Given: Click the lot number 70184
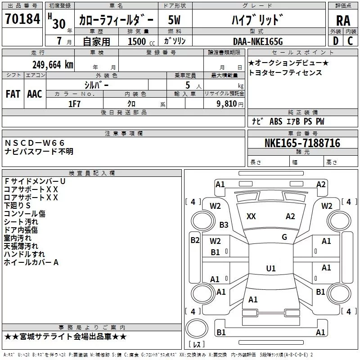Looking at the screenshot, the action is coord(22,19).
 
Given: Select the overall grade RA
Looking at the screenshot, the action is coord(343,21).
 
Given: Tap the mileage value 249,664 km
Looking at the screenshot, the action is coord(53,65).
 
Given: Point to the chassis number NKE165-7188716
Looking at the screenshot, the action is coord(302,143).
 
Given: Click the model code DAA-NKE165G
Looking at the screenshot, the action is coord(258,41).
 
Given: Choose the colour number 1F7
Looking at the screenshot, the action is coord(74,104).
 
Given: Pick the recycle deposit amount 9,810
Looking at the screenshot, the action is coord(227,103).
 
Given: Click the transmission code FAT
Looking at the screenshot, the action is coord(13,94).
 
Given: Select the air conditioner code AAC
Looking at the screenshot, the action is coord(35,94).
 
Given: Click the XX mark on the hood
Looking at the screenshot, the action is coord(251,216).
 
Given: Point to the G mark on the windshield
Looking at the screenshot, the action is coord(284,237).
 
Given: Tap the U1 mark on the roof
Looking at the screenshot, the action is coord(271,268).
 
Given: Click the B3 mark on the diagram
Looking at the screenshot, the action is coord(224,225).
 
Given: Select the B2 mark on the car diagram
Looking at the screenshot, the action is coord(195,240).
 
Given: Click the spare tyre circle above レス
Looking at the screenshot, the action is coord(197,328).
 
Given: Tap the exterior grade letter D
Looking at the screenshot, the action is coord(336,41).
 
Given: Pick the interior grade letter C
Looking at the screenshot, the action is coord(350,41).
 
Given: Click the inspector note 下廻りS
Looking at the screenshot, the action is coord(17,206).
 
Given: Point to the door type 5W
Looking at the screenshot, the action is coord(174,20).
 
